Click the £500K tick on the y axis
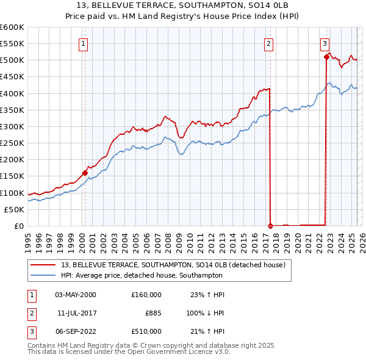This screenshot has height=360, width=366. pos(12,60)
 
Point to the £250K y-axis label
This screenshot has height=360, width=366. pos(12,143)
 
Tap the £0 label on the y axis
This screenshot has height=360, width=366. pos(19,226)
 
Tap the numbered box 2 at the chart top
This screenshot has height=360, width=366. pos(268,43)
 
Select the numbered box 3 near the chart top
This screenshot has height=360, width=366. pos(325,43)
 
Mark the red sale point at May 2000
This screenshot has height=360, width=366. pos(85,173)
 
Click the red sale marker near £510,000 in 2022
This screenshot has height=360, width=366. pos(326,57)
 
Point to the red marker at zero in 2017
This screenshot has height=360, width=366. pos(270,225)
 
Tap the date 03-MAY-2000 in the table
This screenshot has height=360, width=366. pos(76,295)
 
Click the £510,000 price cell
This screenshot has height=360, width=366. pos(146,331)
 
